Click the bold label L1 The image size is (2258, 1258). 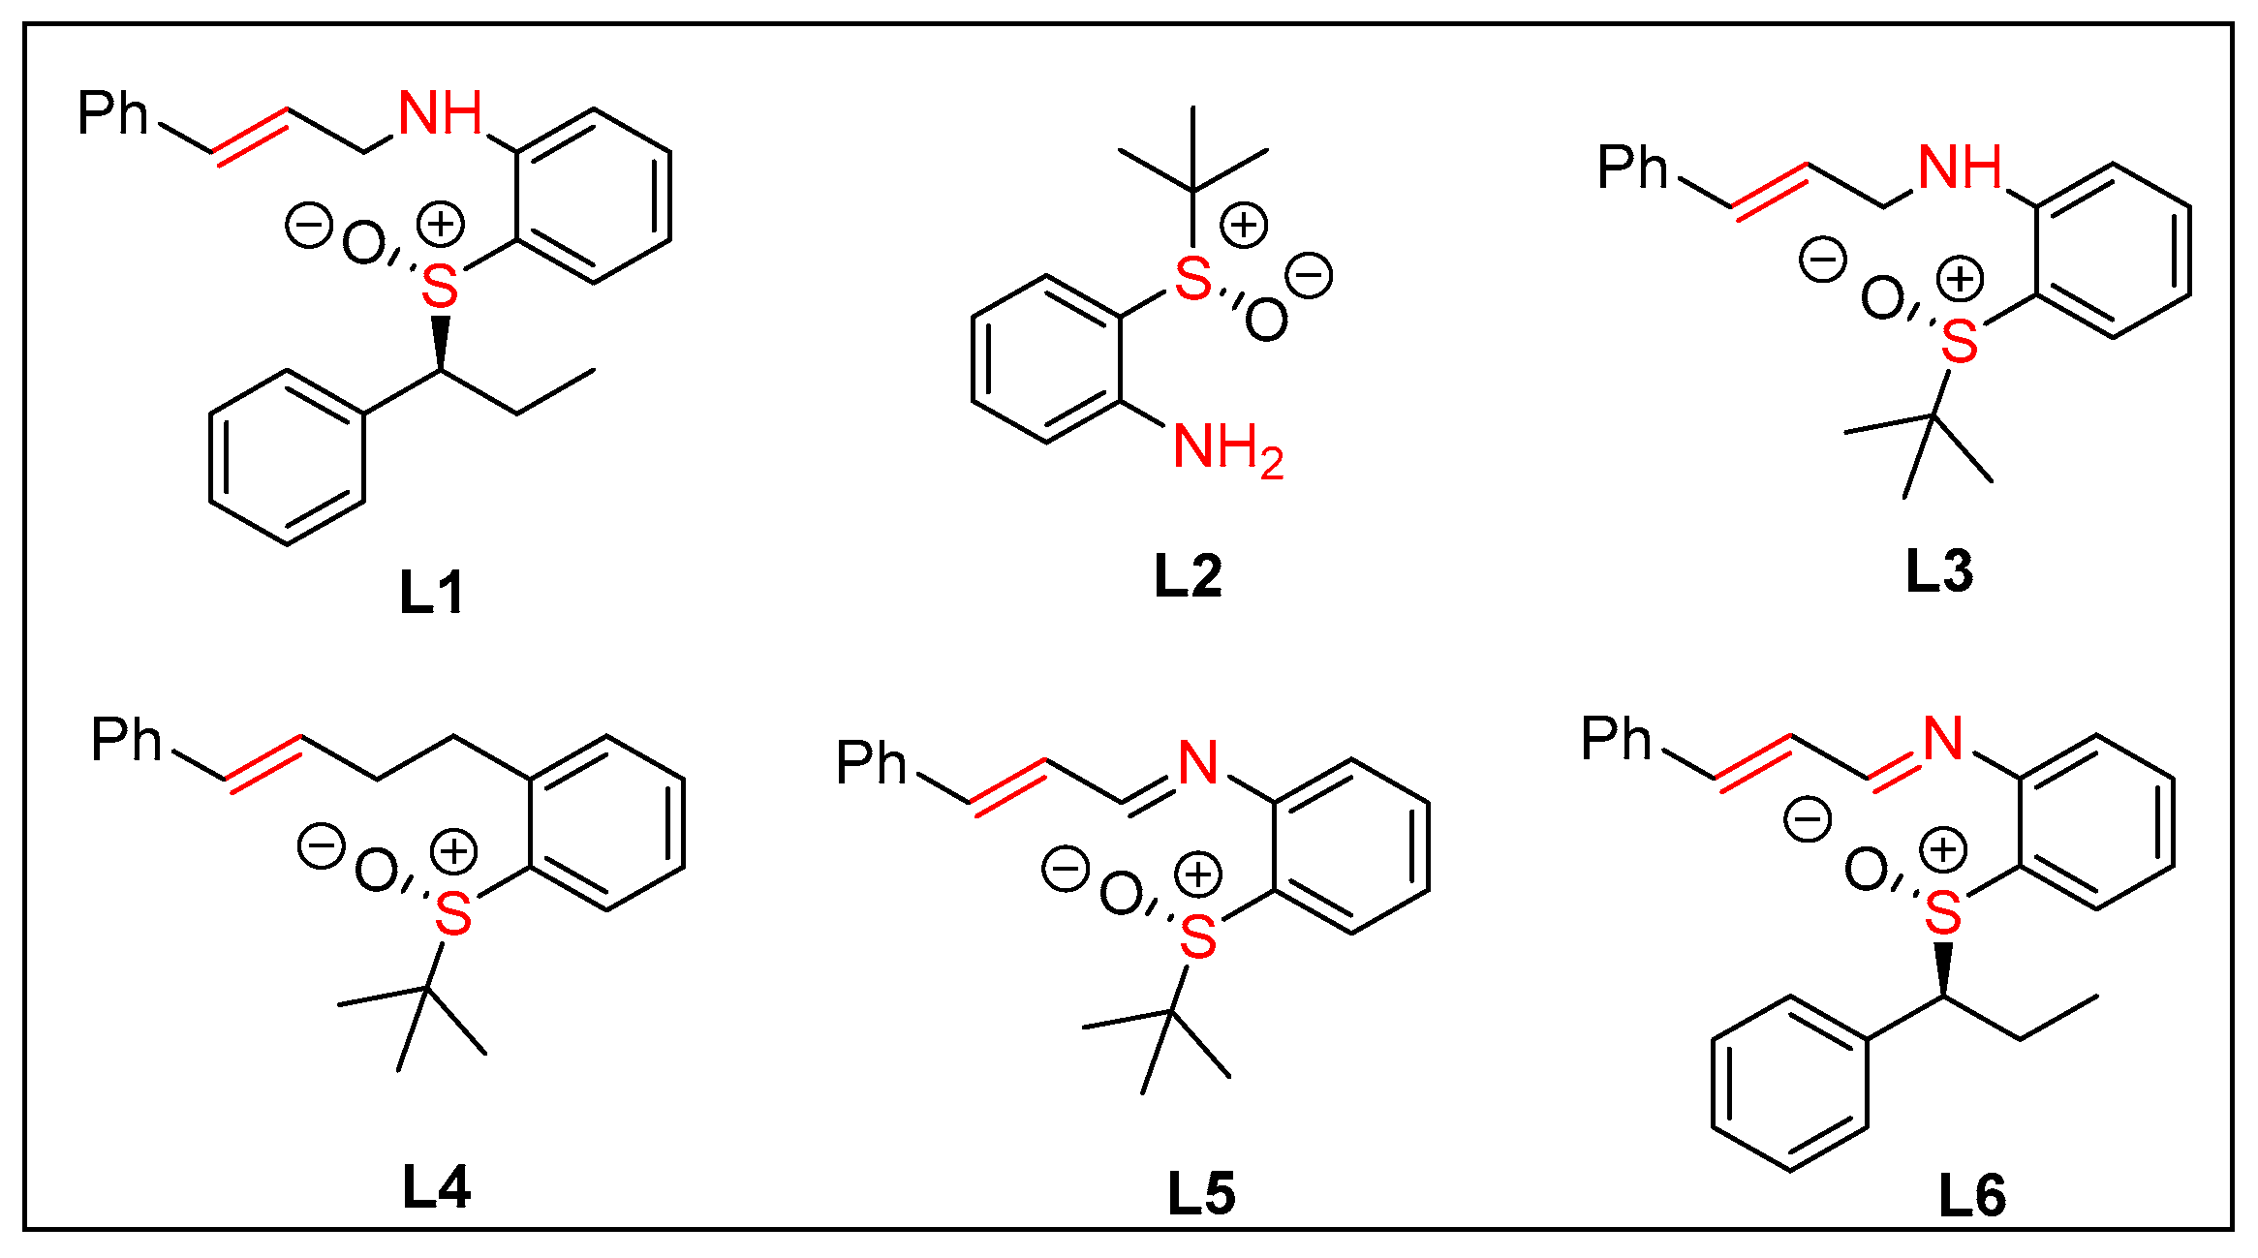click(x=432, y=593)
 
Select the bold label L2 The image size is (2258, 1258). click(x=1188, y=576)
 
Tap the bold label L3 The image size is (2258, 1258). click(x=1938, y=570)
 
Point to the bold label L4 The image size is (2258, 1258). click(x=436, y=1187)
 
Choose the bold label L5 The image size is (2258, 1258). click(x=1201, y=1193)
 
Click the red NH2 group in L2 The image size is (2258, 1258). click(x=1227, y=449)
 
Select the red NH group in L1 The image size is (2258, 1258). click(x=441, y=113)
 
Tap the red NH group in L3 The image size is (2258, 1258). click(x=1960, y=168)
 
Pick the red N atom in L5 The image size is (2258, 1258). click(x=1198, y=762)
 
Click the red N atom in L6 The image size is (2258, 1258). click(x=1943, y=739)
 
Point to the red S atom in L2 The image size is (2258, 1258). click(x=1192, y=279)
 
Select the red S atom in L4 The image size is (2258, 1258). click(x=453, y=913)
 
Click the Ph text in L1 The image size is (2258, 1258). click(x=112, y=113)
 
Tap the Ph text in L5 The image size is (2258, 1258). click(x=871, y=763)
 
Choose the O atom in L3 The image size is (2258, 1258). click(x=1881, y=298)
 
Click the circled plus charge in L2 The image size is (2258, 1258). click(x=1244, y=225)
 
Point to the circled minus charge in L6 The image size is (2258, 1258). click(x=1808, y=819)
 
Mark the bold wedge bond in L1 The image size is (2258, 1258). click(x=441, y=340)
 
